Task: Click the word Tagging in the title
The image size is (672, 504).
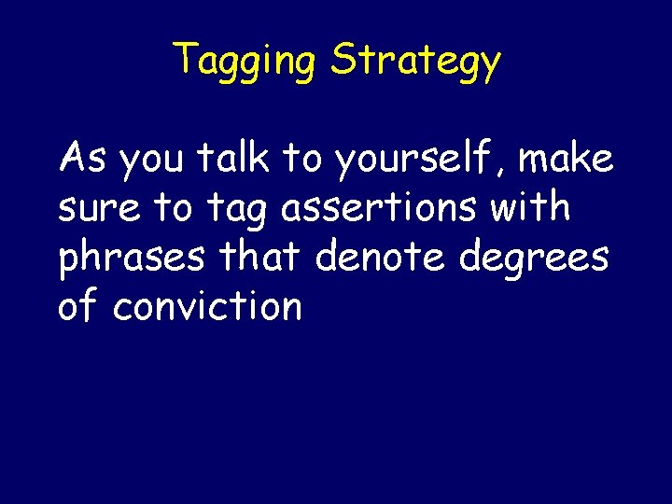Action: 245,62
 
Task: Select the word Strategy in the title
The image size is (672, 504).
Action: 416,62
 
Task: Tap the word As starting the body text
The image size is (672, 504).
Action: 84,159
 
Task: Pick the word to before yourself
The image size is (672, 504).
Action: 302,160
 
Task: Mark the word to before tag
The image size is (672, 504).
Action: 172,208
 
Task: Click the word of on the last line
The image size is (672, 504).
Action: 78,306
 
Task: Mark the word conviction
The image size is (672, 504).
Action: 207,306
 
